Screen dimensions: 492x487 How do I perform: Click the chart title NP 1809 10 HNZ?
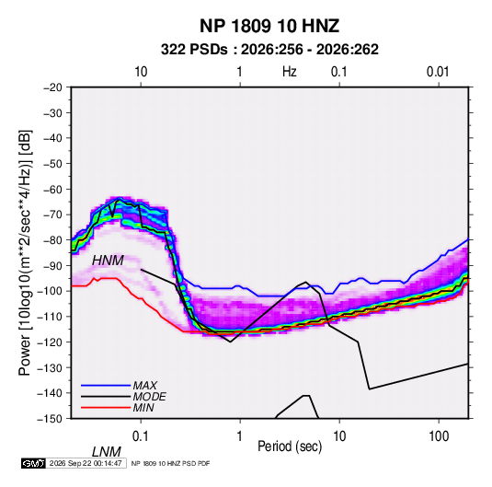click(269, 26)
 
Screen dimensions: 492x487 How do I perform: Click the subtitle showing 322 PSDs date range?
click(269, 50)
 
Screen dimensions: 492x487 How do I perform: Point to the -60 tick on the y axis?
click(52, 189)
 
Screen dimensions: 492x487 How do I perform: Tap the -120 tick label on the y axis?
click(51, 342)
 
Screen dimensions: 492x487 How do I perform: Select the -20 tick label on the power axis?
click(52, 87)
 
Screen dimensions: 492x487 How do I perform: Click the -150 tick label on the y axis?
click(51, 419)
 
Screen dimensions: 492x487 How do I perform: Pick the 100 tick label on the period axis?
click(439, 436)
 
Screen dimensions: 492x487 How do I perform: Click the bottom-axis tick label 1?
click(240, 436)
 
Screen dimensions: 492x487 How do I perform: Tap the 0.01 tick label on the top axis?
click(438, 72)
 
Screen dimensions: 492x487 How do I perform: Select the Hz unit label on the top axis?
click(290, 72)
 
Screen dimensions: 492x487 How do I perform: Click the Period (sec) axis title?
click(290, 446)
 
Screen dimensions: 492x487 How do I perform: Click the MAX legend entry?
click(145, 385)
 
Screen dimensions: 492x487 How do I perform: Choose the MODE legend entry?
click(149, 397)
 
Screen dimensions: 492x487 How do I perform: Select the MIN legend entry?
click(143, 408)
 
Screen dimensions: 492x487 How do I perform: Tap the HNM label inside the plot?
click(108, 261)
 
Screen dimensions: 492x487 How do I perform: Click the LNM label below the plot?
click(107, 452)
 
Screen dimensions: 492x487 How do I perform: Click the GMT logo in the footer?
click(34, 463)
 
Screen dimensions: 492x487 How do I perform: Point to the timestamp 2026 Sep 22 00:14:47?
click(86, 463)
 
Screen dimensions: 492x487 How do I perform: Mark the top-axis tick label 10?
click(141, 72)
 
